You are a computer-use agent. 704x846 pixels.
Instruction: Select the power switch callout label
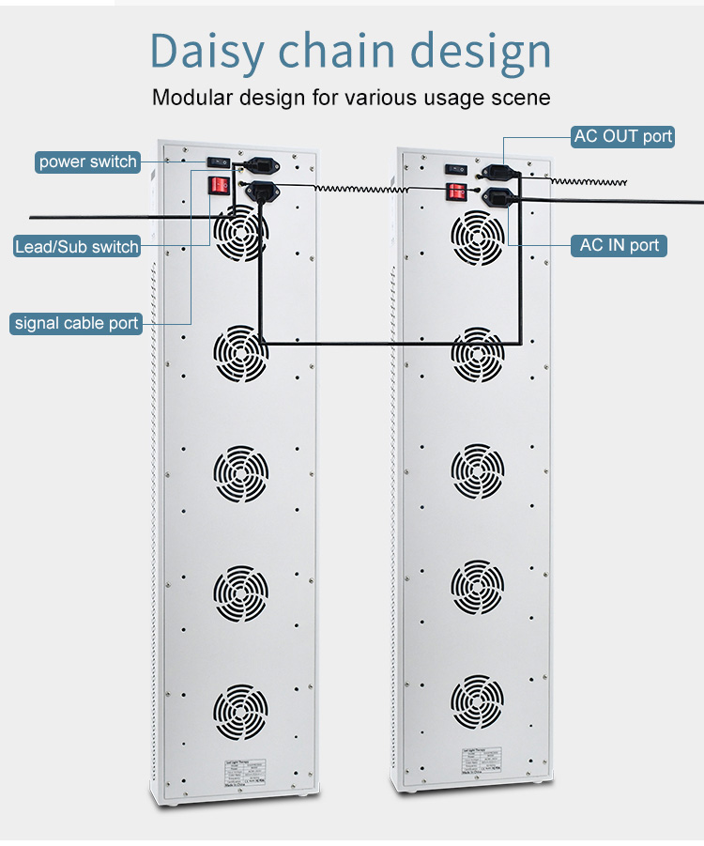click(x=88, y=162)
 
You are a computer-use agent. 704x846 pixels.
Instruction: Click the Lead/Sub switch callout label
click(x=77, y=247)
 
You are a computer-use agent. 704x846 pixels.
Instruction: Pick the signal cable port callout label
click(x=76, y=323)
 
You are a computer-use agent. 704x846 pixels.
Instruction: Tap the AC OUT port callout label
click(x=623, y=136)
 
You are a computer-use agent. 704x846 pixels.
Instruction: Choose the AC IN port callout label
click(x=620, y=245)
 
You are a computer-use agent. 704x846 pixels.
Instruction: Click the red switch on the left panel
click(x=218, y=184)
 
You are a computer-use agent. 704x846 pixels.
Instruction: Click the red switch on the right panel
click(x=456, y=192)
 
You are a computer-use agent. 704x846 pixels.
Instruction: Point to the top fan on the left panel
click(x=240, y=233)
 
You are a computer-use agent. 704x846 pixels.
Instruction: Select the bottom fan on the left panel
click(x=240, y=711)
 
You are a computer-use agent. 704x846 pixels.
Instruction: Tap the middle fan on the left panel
click(x=240, y=472)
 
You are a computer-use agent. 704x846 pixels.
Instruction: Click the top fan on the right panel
click(x=478, y=234)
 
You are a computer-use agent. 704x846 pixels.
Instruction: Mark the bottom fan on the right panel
click(x=478, y=700)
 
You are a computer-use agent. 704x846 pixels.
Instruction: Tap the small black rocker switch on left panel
click(x=219, y=162)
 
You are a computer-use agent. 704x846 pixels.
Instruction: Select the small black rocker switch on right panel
click(x=457, y=169)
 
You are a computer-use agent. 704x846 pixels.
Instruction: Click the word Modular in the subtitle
click(x=191, y=97)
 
